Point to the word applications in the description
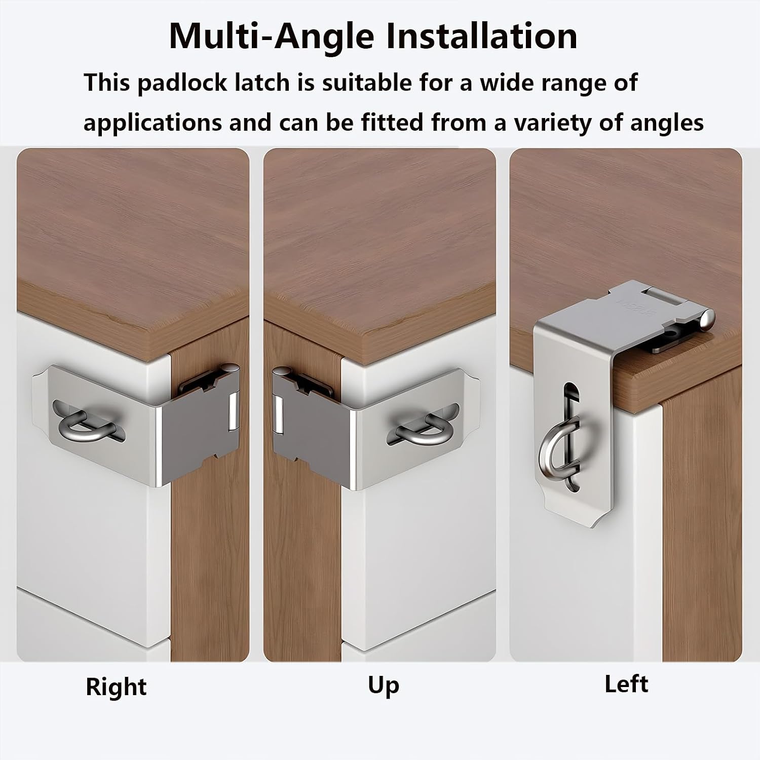(x=153, y=123)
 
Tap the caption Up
(x=384, y=686)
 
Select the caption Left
(x=626, y=684)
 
